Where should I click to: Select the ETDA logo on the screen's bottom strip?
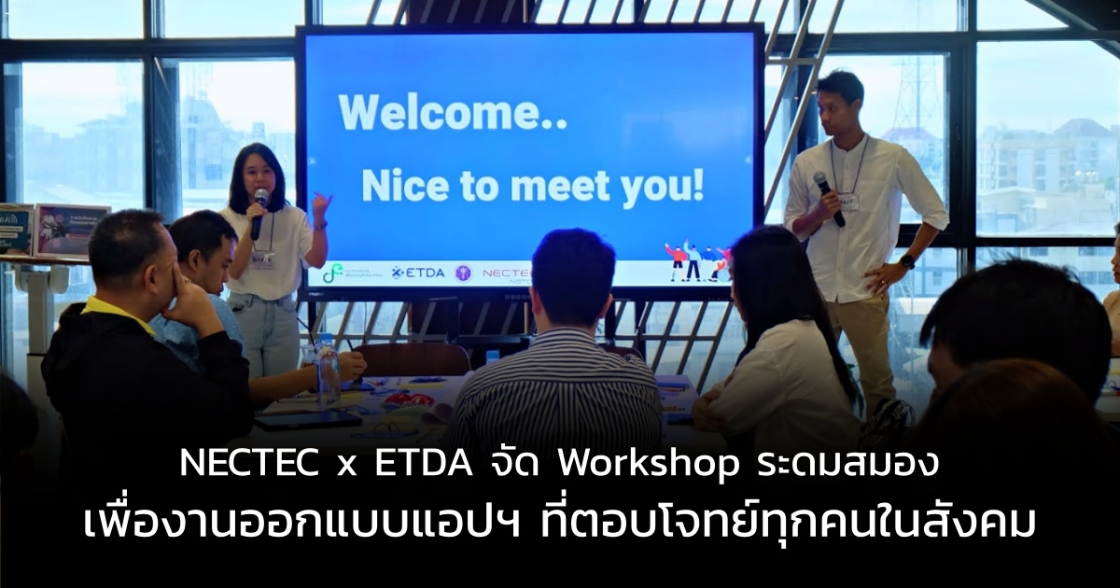pos(416,272)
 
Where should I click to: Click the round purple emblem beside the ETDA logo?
pos(463,273)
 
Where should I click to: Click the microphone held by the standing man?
pos(828,197)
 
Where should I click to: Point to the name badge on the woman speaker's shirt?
pos(263,259)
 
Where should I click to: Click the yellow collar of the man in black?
pos(118,312)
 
